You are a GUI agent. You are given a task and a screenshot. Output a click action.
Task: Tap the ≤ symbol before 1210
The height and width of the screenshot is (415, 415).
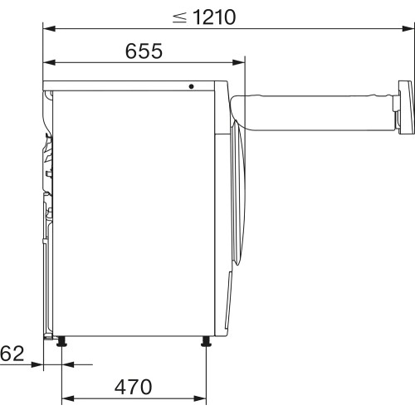179,16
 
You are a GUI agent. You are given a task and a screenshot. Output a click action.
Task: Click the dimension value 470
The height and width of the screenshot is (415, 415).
134,387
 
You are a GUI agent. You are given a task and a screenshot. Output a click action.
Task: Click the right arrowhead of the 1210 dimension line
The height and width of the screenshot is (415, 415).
408,29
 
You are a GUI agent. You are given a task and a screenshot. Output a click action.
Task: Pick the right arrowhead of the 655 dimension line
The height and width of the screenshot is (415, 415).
242,62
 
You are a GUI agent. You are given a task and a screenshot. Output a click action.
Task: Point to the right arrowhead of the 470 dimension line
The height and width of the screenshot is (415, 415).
202,398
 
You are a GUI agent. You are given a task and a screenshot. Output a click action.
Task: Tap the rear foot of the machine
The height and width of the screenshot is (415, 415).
62,341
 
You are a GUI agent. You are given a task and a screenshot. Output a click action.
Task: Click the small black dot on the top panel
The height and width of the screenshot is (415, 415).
191,85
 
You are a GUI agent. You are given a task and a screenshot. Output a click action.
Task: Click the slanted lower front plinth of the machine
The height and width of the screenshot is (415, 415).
227,307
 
